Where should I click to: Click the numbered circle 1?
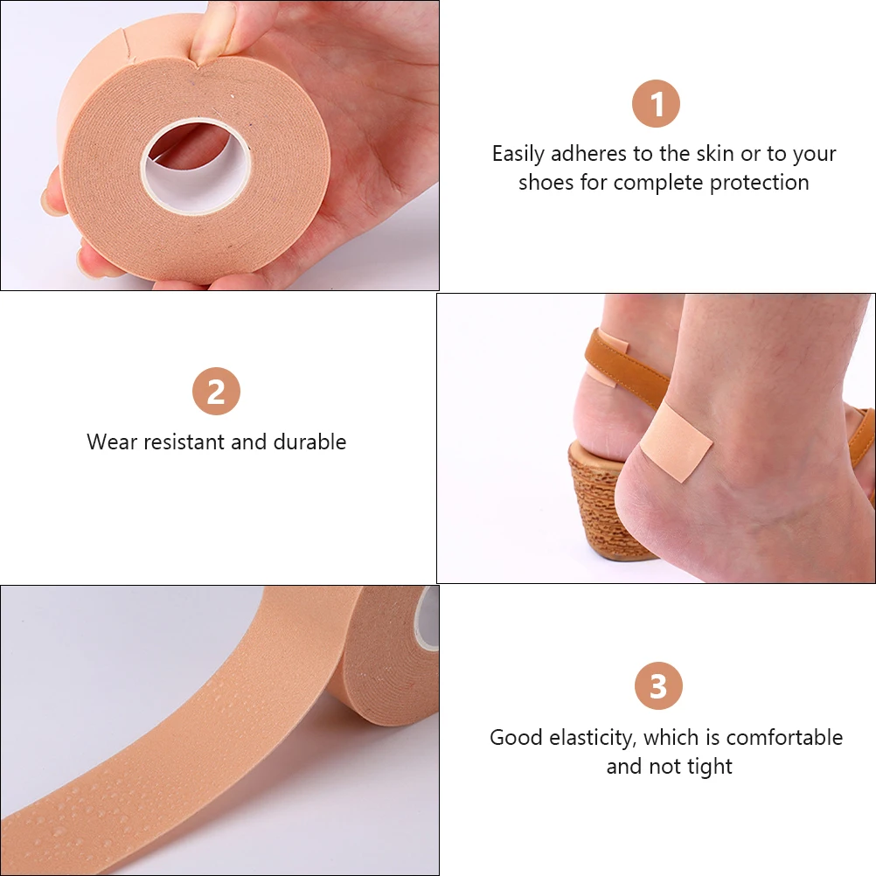(656, 104)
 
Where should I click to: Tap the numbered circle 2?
(216, 392)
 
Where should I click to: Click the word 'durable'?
(309, 441)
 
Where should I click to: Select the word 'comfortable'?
(784, 737)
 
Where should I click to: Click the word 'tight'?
(709, 767)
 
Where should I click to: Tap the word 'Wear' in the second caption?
(111, 441)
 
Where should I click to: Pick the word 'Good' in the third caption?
(516, 737)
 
